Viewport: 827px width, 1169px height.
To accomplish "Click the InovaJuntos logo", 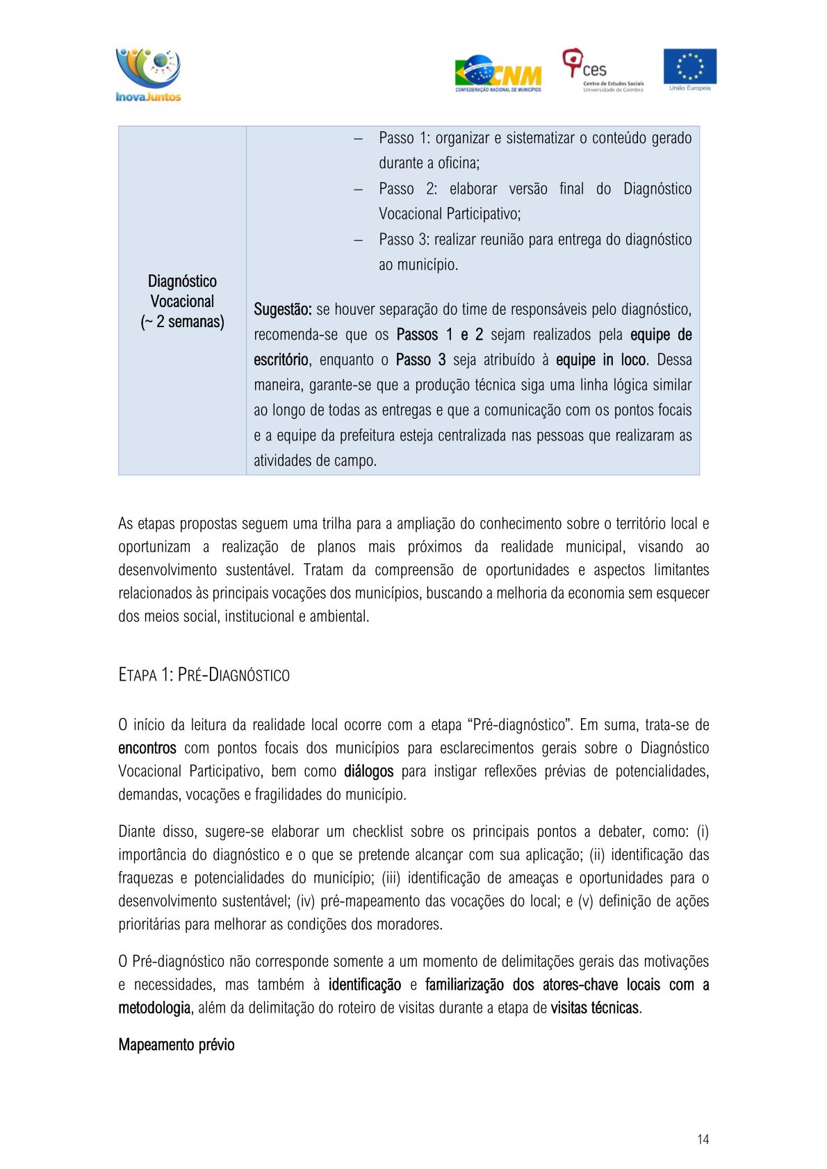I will (x=148, y=75).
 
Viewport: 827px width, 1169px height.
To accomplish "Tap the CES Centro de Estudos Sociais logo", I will (x=603, y=70).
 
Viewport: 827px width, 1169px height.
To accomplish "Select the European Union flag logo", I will (x=689, y=69).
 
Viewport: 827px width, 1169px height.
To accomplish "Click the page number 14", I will (x=703, y=1139).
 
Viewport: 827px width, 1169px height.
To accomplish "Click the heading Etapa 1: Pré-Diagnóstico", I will (x=204, y=674).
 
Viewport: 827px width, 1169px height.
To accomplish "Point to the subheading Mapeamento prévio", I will (x=176, y=1045).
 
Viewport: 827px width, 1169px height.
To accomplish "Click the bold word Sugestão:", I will (x=282, y=309).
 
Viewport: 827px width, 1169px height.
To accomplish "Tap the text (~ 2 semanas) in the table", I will (x=182, y=322).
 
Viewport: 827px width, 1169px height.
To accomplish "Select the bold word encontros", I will (x=147, y=748).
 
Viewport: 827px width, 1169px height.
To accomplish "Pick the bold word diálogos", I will (x=368, y=771).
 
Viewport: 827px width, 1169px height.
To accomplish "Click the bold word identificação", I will (x=364, y=984).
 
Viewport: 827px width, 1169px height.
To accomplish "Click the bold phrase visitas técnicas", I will (x=594, y=1008).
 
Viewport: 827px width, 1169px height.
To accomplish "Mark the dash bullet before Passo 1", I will (x=358, y=138).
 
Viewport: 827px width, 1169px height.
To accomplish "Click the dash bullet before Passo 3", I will (x=358, y=240).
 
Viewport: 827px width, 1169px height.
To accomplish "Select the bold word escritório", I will (x=281, y=360).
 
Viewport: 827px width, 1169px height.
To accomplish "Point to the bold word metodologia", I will (x=154, y=1008).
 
